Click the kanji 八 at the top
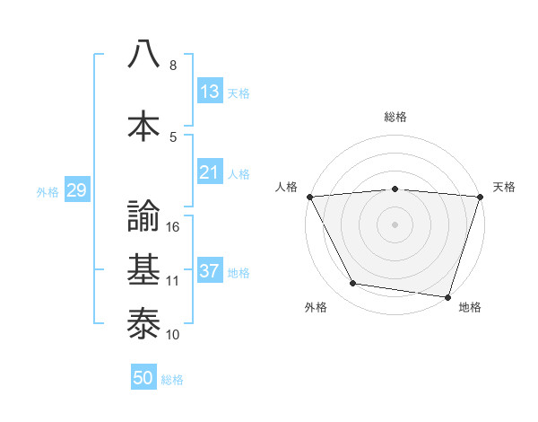[x=143, y=53]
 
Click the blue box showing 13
[x=210, y=92]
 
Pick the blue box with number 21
[x=210, y=172]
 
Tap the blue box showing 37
[x=210, y=271]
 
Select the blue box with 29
[x=76, y=190]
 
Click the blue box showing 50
[x=143, y=378]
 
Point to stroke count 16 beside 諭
[x=174, y=227]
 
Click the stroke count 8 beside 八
[x=173, y=66]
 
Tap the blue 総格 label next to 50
[x=172, y=380]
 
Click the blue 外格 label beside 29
[x=48, y=191]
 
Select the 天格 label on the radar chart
[x=504, y=187]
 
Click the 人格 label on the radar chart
[x=287, y=187]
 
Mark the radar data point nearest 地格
[x=447, y=296]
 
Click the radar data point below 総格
[x=395, y=189]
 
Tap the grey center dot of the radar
[x=395, y=224]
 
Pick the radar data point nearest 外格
[x=353, y=284]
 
